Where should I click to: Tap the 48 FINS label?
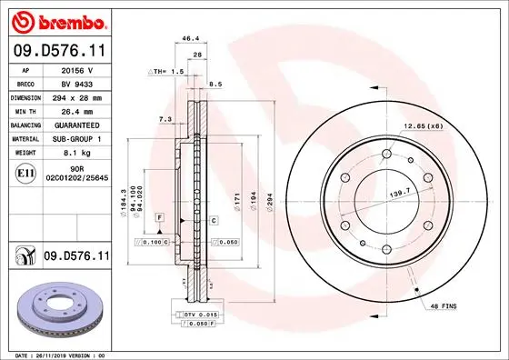click(x=443, y=309)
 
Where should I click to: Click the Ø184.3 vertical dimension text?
click(x=122, y=203)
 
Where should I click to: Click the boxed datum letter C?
click(x=214, y=221)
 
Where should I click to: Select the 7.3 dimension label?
click(x=165, y=119)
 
